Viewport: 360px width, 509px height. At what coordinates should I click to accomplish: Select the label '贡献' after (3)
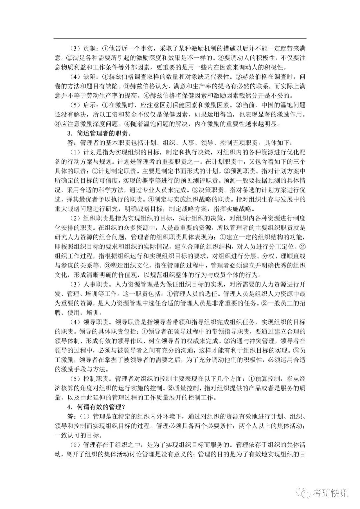88,48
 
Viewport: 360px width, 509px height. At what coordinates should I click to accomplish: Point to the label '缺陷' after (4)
88,76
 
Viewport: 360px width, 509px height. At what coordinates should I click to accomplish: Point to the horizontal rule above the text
180,38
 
